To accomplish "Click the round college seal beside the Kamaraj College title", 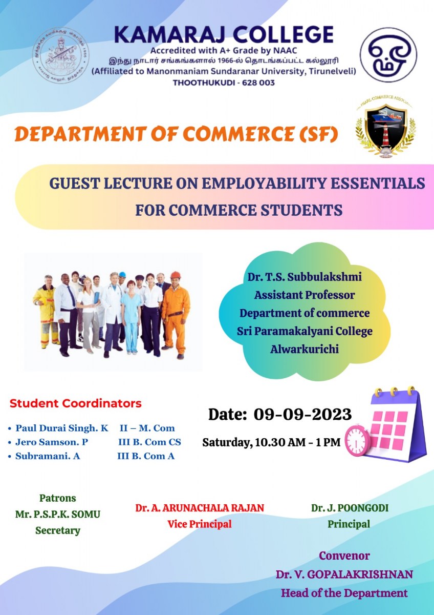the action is point(60,56).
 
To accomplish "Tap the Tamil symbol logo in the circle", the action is point(388,55).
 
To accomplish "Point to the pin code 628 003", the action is point(258,83).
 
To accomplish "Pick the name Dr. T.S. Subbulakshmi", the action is point(305,277).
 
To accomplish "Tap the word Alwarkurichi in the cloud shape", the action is point(305,349).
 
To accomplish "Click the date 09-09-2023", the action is point(302,414).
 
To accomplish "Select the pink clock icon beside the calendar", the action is point(357,441).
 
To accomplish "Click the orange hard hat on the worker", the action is point(176,275).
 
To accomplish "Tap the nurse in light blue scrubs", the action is point(131,317).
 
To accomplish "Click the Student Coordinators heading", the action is point(75,404).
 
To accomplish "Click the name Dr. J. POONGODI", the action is point(350,508).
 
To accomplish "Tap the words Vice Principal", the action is point(200,524).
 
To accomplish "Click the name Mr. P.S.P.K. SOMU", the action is point(58,514).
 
